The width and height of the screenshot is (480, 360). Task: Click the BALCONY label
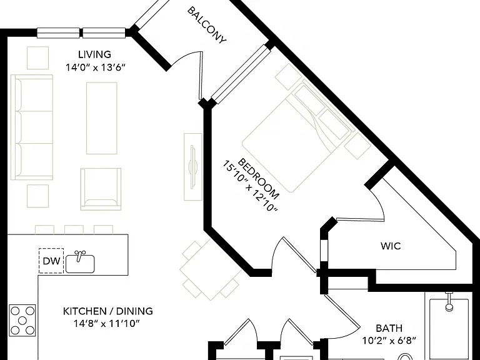click(x=207, y=25)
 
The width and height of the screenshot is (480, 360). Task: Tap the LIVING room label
click(x=94, y=54)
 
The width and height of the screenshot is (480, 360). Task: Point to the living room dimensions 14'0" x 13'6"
click(x=96, y=67)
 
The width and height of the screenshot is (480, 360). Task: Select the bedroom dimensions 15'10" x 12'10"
click(x=249, y=186)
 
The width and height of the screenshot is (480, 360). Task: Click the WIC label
click(x=391, y=246)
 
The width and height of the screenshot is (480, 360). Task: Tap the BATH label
click(x=389, y=328)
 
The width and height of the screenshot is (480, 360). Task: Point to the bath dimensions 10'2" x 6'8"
click(x=389, y=341)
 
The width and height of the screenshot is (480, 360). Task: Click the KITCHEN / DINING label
click(x=107, y=311)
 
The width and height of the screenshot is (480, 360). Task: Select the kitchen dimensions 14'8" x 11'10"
click(x=106, y=323)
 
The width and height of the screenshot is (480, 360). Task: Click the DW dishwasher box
click(x=51, y=261)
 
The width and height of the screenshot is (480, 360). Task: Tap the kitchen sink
click(x=80, y=262)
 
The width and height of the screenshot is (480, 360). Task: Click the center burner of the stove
click(x=22, y=321)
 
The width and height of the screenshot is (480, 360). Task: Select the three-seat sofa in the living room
click(x=32, y=127)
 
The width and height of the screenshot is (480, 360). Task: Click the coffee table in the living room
click(x=102, y=118)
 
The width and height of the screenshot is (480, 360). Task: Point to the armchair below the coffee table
click(x=101, y=189)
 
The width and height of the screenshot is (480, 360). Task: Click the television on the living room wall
click(x=193, y=167)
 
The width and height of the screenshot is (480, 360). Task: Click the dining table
click(x=211, y=269)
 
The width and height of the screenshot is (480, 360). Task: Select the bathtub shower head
click(x=449, y=302)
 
